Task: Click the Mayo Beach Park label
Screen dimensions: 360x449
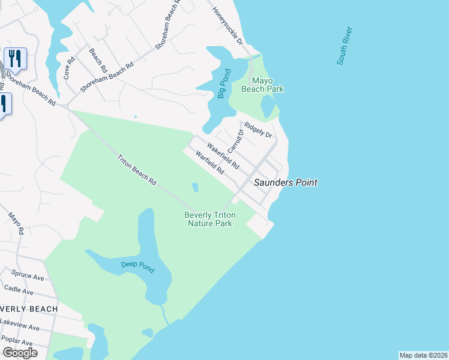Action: pyautogui.click(x=262, y=85)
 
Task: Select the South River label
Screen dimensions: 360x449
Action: pyautogui.click(x=343, y=46)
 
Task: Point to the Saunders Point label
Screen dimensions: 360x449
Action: pyautogui.click(x=285, y=182)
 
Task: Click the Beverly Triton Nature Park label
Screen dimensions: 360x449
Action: pyautogui.click(x=209, y=219)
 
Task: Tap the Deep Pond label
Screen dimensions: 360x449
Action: pyautogui.click(x=139, y=265)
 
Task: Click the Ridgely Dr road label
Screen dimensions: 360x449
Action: pyautogui.click(x=259, y=130)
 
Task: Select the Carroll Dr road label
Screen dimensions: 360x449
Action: pyautogui.click(x=235, y=141)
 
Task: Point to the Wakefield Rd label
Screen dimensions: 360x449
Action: pyautogui.click(x=223, y=155)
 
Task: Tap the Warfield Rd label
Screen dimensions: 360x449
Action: pyautogui.click(x=209, y=162)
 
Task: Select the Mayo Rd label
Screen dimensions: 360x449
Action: pyautogui.click(x=16, y=223)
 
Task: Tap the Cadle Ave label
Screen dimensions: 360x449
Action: pyautogui.click(x=20, y=289)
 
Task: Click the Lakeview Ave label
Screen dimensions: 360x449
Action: pyautogui.click(x=19, y=325)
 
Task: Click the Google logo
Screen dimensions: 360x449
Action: pyautogui.click(x=19, y=352)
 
